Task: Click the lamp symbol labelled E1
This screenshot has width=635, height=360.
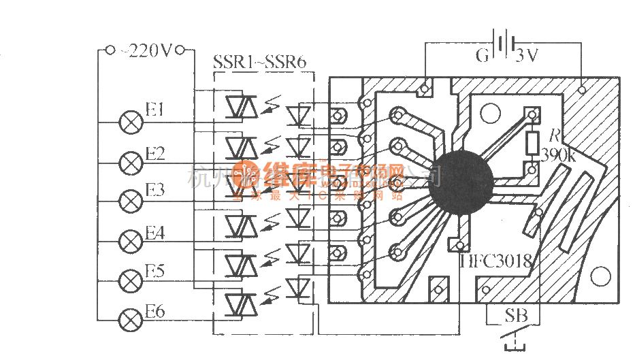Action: pos(129,122)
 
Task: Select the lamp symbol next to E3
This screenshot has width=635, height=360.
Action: pos(129,201)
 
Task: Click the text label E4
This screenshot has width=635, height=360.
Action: pos(154,233)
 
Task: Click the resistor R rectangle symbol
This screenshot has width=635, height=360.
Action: pos(532,142)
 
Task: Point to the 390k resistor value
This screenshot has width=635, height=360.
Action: pos(557,156)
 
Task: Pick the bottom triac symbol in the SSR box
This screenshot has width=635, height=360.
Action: pos(240,300)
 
